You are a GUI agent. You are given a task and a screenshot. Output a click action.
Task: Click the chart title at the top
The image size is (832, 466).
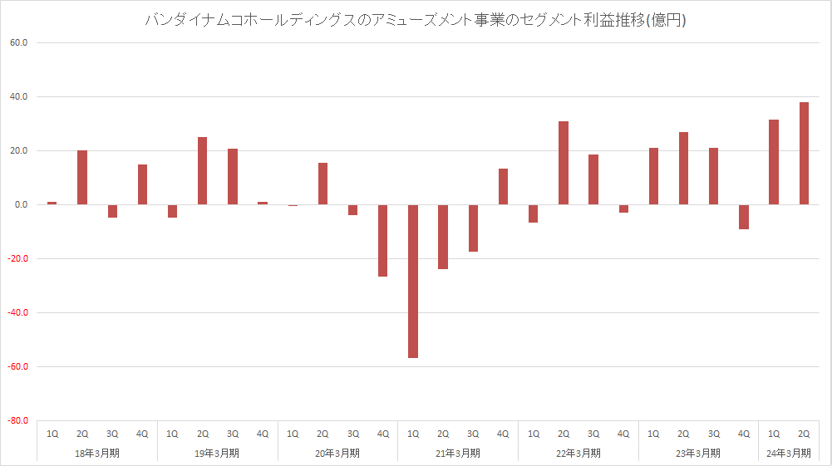point(416,21)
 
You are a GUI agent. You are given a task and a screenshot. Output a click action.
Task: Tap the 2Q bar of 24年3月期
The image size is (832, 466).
point(804,153)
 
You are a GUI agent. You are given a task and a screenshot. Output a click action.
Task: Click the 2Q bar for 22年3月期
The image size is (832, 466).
point(564,163)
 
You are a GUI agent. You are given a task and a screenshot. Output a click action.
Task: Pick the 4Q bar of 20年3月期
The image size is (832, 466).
point(383,240)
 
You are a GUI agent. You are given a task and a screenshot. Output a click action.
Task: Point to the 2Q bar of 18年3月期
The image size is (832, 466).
point(82,177)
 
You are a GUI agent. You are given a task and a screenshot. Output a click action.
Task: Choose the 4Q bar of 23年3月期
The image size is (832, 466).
point(744,217)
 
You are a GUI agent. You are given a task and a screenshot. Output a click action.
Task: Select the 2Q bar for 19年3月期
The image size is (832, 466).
point(203,170)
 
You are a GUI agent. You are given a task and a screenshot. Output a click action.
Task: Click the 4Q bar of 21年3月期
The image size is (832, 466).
point(503,186)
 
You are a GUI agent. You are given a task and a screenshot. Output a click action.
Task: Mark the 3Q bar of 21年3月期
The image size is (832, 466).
point(473,228)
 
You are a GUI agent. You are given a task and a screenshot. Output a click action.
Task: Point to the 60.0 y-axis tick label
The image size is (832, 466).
point(18,42)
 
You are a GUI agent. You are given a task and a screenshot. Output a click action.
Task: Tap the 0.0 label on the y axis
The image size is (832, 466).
point(21,204)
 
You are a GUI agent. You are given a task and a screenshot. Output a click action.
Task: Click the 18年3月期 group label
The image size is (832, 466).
point(97,453)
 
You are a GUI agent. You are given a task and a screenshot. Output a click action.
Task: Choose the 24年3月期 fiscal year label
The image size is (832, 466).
point(789,453)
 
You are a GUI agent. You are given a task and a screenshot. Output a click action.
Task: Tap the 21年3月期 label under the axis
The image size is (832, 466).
point(458,453)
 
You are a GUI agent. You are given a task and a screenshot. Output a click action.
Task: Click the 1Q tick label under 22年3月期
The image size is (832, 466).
point(534,434)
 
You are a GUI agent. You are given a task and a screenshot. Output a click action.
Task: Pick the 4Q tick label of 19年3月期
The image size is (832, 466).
point(263,434)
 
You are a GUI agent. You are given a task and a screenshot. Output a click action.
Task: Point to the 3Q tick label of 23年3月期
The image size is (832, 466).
point(714,434)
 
